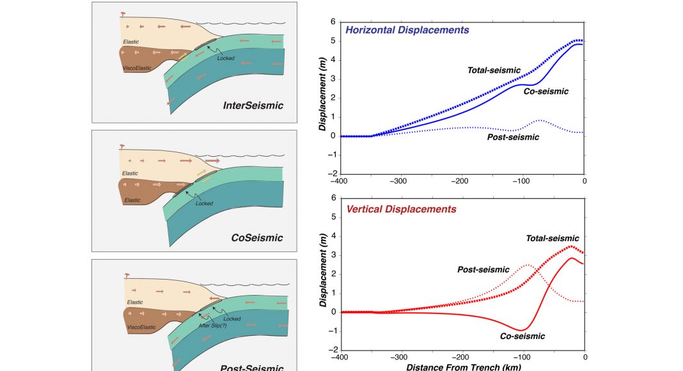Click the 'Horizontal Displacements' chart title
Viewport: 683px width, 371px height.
coord(407,30)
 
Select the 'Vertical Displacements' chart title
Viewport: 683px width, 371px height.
coord(401,209)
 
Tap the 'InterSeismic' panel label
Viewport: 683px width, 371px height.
coord(253,106)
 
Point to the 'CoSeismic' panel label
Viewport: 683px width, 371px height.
coord(257,238)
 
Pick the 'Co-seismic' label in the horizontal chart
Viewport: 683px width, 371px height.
coord(546,91)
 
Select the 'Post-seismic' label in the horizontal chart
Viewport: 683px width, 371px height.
coord(513,137)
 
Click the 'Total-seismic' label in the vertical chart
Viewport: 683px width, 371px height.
coord(553,239)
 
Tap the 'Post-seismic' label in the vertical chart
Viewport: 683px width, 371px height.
coord(483,269)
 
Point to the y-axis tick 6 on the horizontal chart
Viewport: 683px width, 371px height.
coord(333,22)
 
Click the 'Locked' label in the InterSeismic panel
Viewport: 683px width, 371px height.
coord(225,58)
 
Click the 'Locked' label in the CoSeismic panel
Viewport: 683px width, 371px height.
coord(204,203)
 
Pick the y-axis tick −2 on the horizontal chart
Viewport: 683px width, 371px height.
coord(332,173)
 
